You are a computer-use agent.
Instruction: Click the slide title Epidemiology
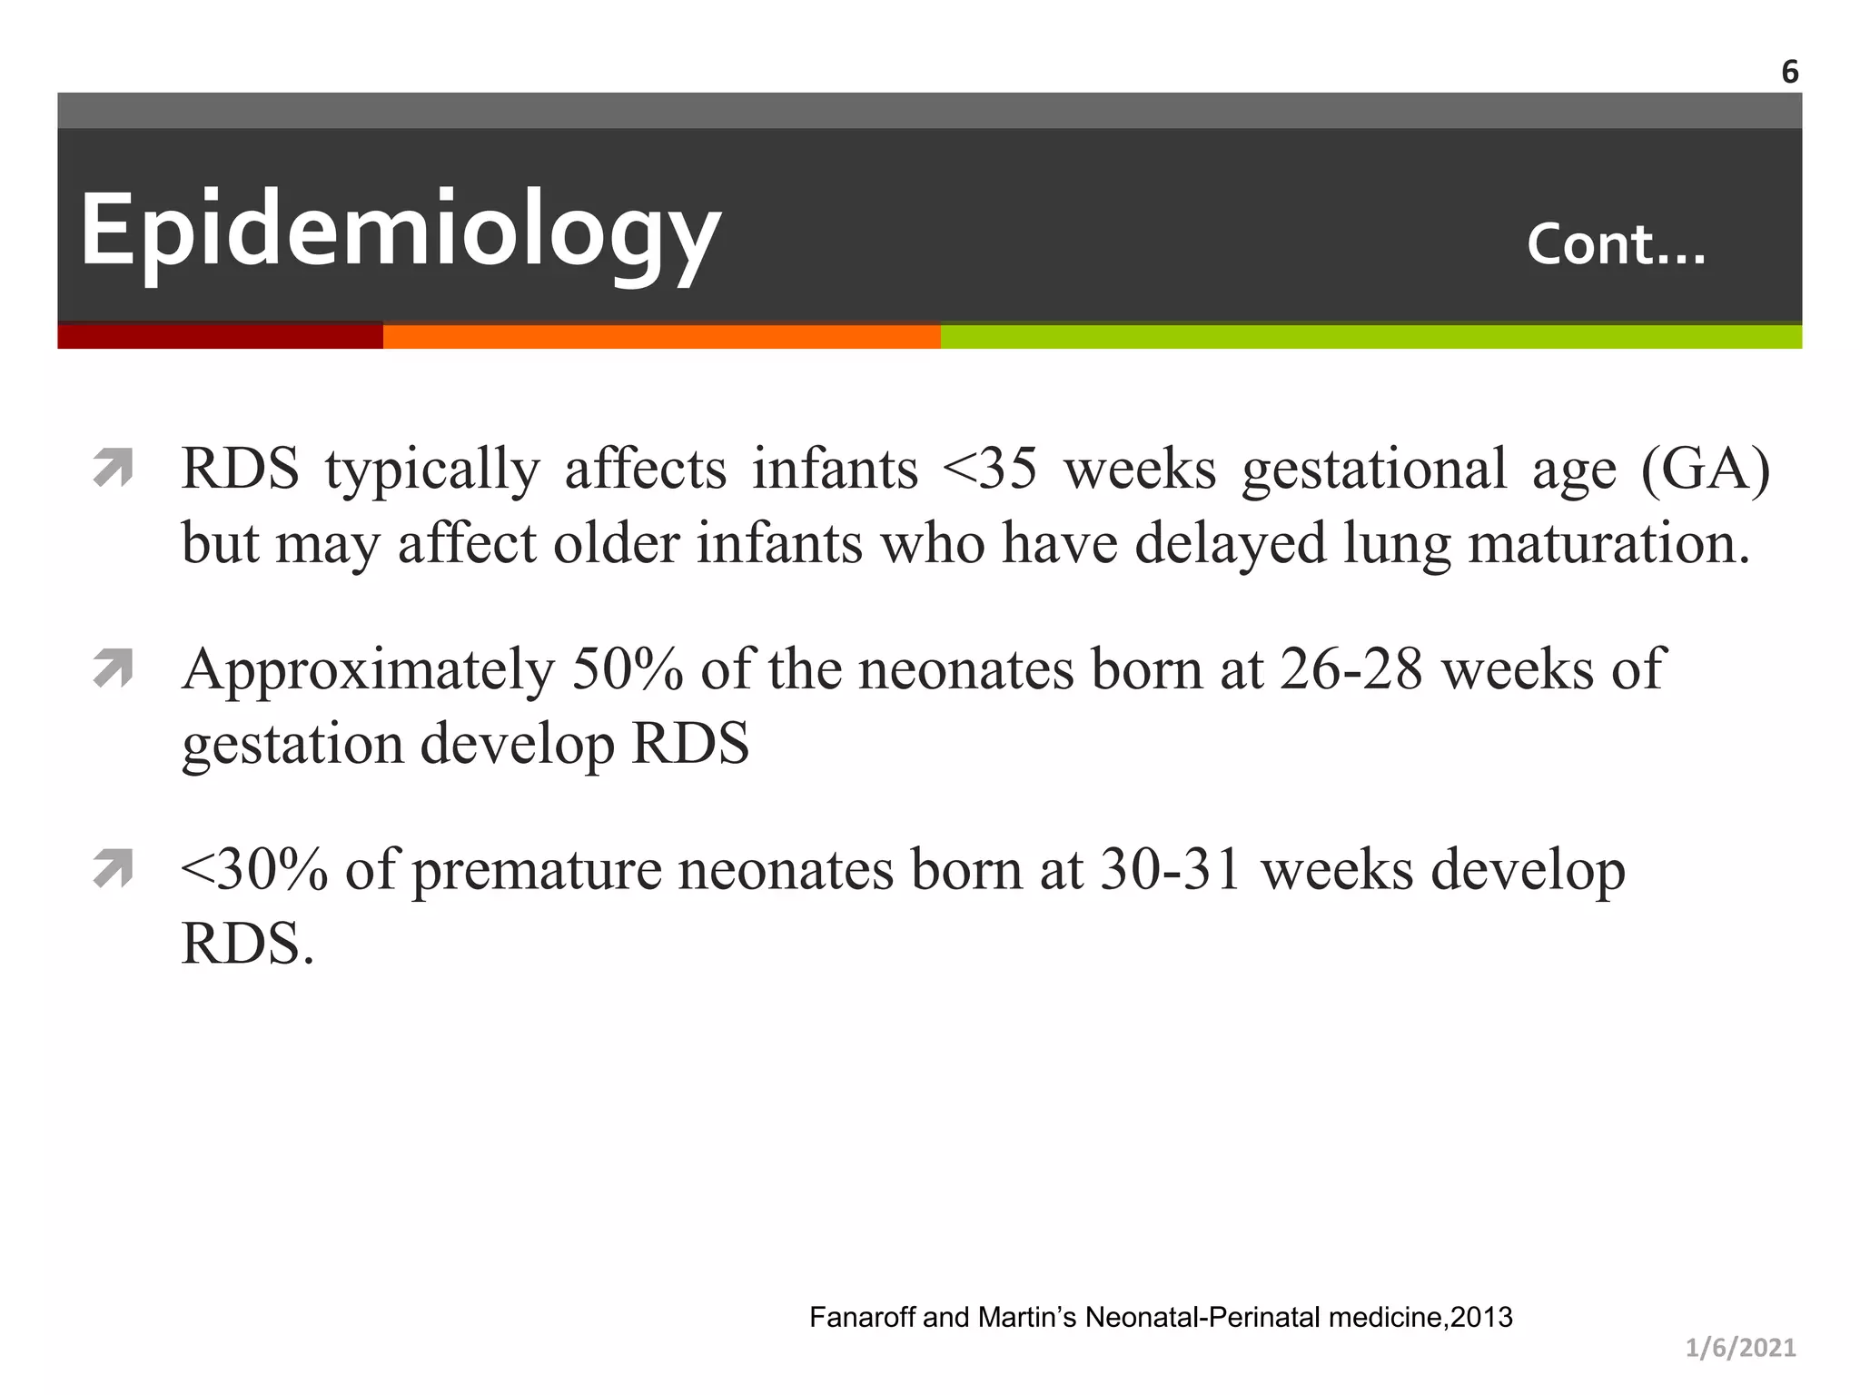tap(400, 230)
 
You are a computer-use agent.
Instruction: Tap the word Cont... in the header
tap(1616, 245)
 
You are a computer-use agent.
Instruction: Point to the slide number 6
tap(1789, 72)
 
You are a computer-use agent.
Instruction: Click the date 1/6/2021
tap(1740, 1348)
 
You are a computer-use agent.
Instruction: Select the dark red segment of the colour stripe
tap(220, 337)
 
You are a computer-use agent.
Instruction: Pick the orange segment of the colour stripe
tap(661, 337)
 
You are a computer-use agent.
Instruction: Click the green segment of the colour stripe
tap(1370, 337)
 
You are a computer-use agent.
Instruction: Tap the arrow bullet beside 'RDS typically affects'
tap(114, 469)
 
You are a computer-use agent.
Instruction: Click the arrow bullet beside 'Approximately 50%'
tap(114, 669)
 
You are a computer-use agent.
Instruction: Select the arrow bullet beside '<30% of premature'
tap(114, 869)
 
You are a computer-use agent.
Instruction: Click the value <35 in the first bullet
tap(990, 470)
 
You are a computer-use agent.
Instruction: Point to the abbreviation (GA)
tap(1706, 470)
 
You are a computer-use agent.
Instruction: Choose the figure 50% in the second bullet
tap(628, 669)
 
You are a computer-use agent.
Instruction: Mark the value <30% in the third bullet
tap(254, 869)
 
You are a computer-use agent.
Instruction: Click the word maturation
tap(1608, 543)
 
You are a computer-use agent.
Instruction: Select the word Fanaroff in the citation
tap(862, 1317)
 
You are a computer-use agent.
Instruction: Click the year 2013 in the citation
tap(1482, 1317)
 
